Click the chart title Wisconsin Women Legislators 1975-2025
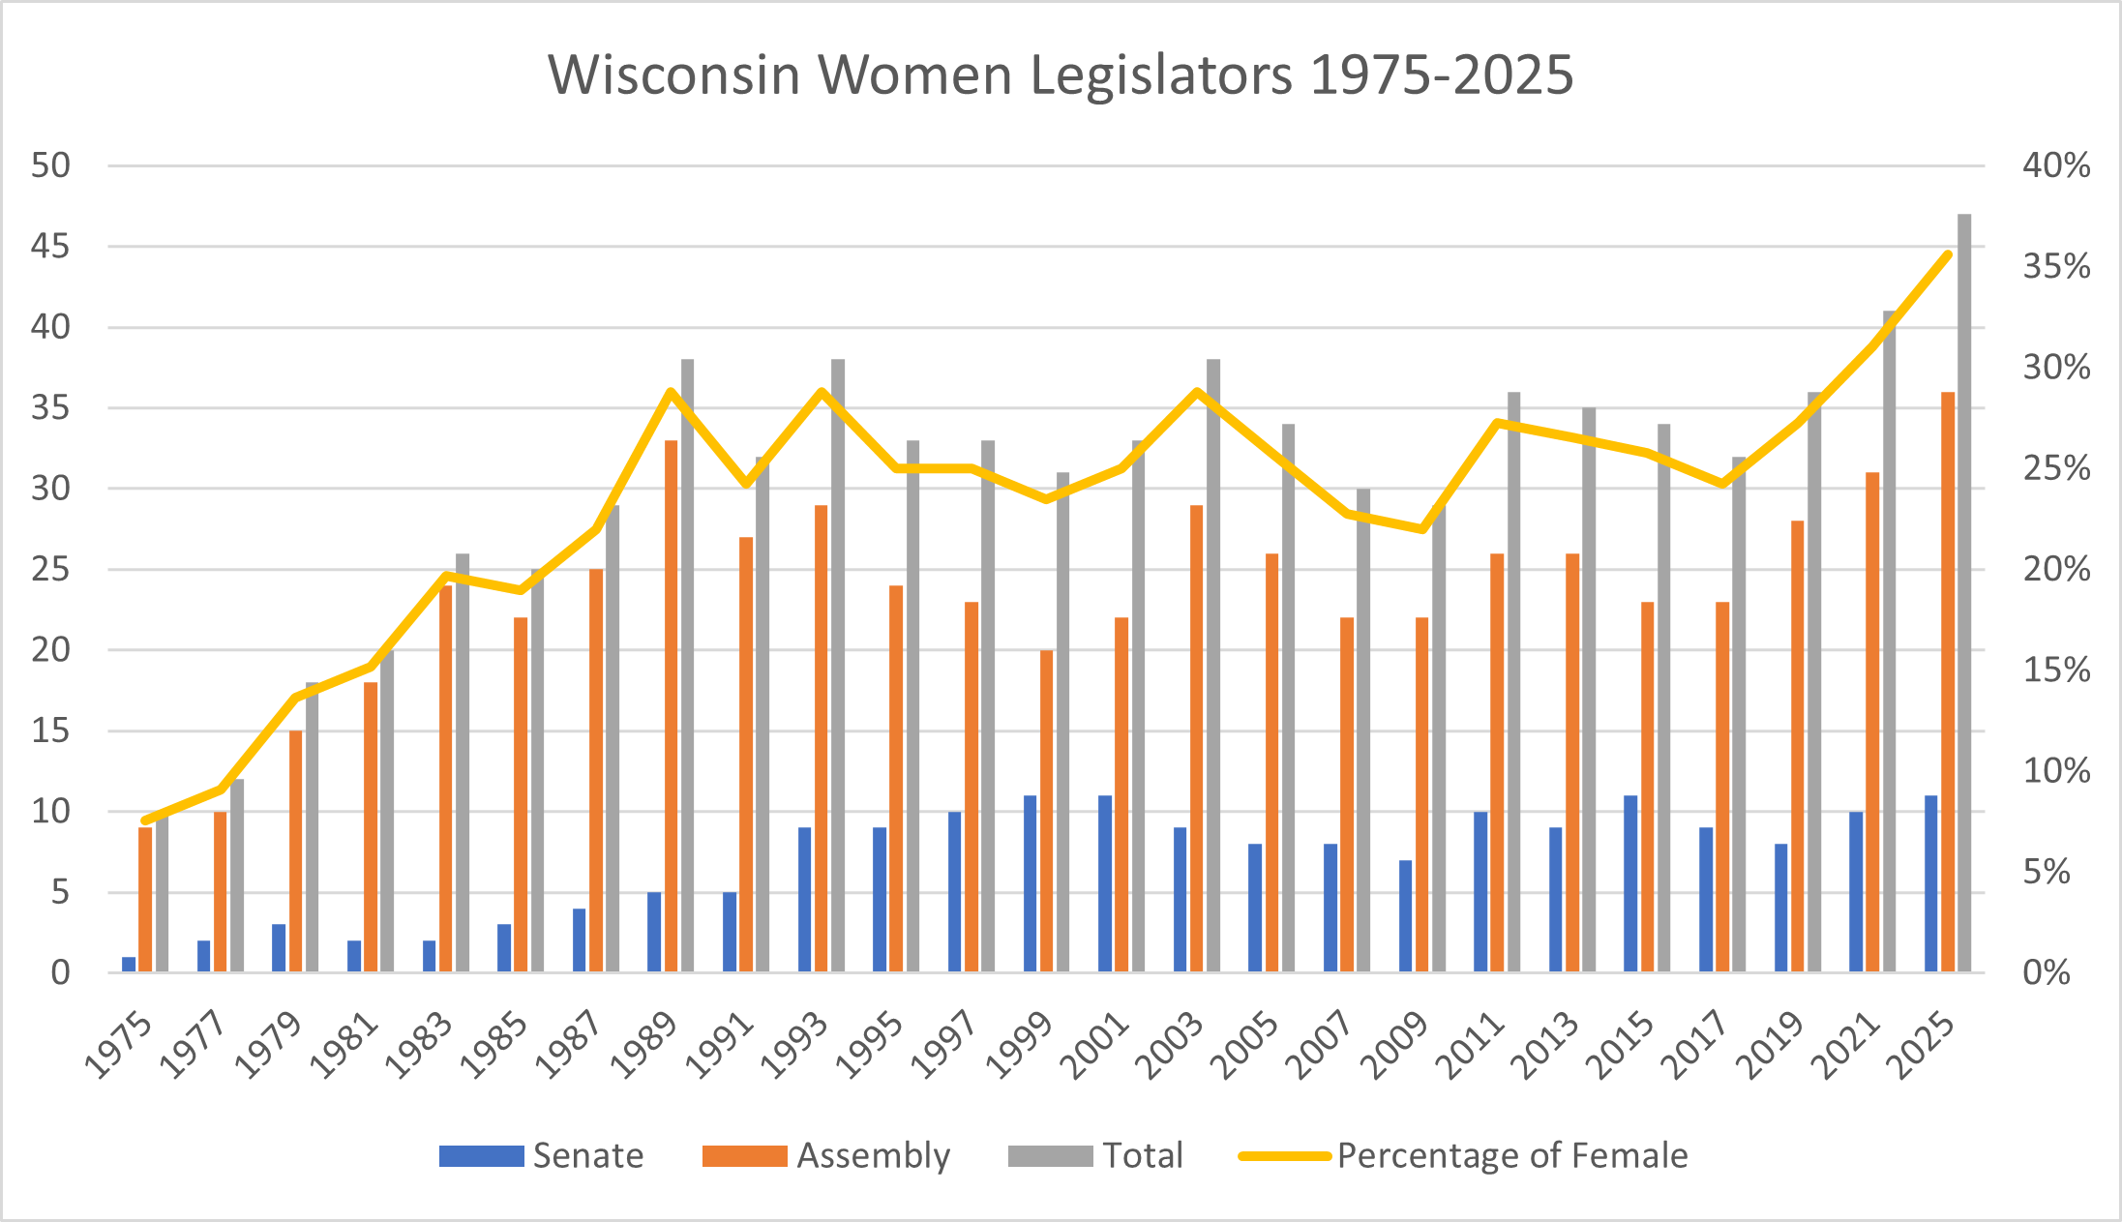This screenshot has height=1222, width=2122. coord(1061,75)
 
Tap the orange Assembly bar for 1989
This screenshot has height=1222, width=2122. coord(671,706)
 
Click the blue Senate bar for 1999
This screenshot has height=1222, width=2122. coord(1030,883)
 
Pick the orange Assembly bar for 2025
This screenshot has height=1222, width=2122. coord(1948,682)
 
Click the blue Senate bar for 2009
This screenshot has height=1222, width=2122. coord(1405,915)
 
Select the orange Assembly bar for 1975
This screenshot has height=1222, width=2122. coord(145,899)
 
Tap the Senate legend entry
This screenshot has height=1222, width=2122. coord(542,1156)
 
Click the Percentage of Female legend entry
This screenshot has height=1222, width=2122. coord(1463,1156)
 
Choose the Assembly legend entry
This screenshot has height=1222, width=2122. coord(827,1156)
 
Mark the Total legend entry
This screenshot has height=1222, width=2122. coord(1096,1156)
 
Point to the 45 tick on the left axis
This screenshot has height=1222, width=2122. coord(50,247)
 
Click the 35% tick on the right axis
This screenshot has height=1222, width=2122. coord(2055,267)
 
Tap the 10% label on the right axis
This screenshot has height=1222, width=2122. coord(2055,771)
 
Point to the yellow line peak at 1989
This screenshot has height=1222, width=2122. coord(670,392)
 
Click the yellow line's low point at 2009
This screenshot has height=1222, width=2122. coord(1421,529)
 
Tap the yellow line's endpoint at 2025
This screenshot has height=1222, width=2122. coord(1948,254)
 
